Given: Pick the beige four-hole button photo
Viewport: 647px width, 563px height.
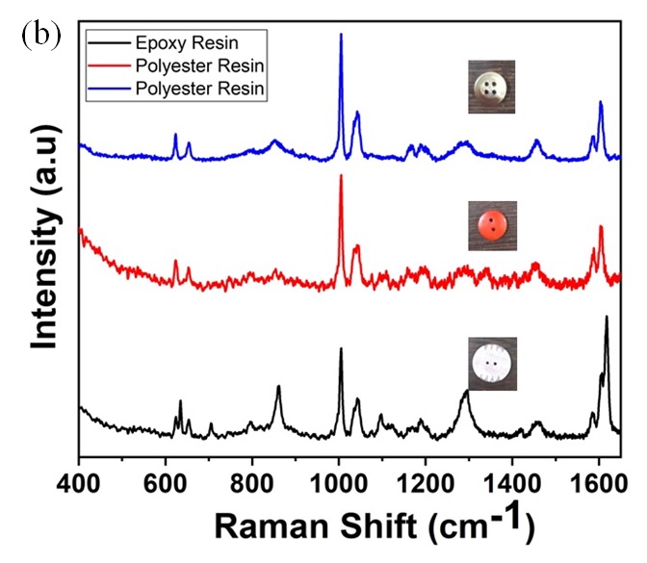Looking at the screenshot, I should [x=492, y=86].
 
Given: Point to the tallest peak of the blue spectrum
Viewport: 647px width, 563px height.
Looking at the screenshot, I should [x=341, y=35].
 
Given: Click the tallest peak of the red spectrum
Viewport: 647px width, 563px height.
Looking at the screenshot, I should [x=341, y=177].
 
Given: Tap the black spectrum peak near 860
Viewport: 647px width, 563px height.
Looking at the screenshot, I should [x=278, y=388].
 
